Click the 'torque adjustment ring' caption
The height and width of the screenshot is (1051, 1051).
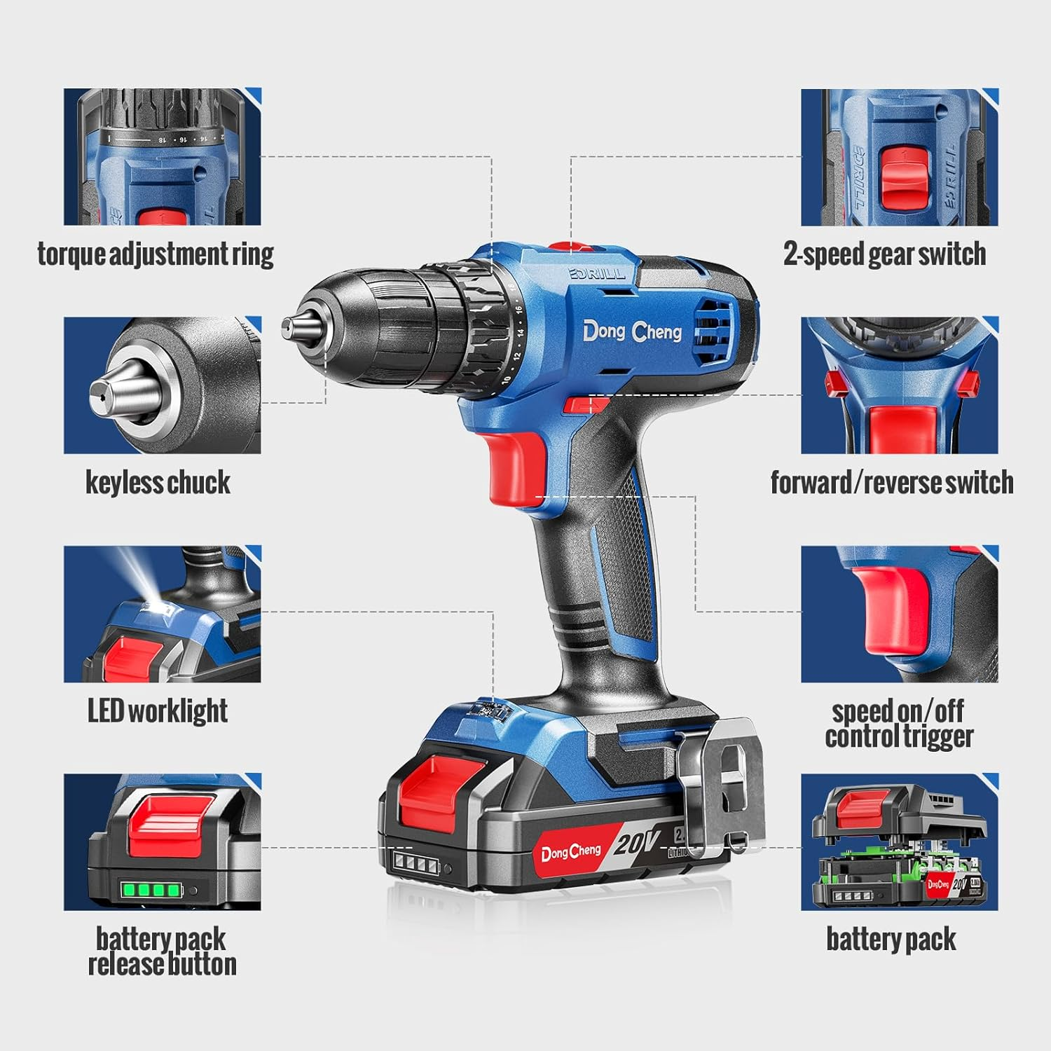coord(155,254)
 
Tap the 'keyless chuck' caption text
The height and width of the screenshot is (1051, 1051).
coord(158,482)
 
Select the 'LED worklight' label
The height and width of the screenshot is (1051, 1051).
coord(158,710)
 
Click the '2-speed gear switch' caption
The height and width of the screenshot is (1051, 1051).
coord(884,254)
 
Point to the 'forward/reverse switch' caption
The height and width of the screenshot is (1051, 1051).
coord(891,482)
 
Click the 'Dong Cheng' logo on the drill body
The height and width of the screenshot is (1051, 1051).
coord(632,331)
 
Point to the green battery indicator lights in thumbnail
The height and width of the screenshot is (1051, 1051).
coord(151,891)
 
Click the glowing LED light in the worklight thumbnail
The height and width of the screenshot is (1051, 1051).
coord(155,596)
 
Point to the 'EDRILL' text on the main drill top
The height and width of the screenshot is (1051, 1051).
coord(597,273)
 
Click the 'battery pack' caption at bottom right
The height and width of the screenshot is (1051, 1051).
coord(891,939)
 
